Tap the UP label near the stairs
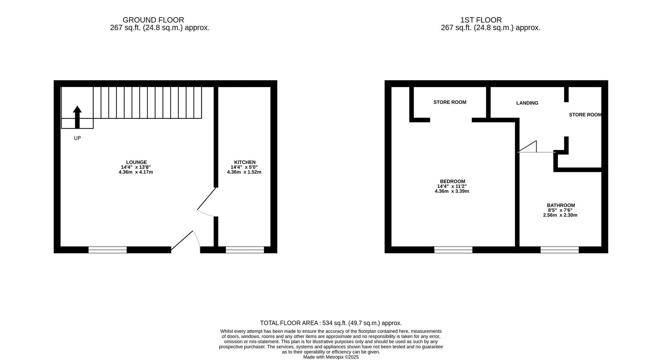[77, 138]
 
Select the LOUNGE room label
[136, 162]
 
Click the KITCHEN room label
[245, 162]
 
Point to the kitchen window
[245, 250]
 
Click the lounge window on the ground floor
[107, 250]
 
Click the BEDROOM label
[452, 181]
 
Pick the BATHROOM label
[560, 205]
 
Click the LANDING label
[527, 103]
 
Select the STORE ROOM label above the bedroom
[449, 102]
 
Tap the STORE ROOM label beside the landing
[585, 115]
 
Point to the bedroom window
[453, 250]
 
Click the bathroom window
[559, 250]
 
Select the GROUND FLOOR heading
[153, 20]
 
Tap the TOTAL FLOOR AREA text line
[331, 323]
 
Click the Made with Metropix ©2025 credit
[331, 357]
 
